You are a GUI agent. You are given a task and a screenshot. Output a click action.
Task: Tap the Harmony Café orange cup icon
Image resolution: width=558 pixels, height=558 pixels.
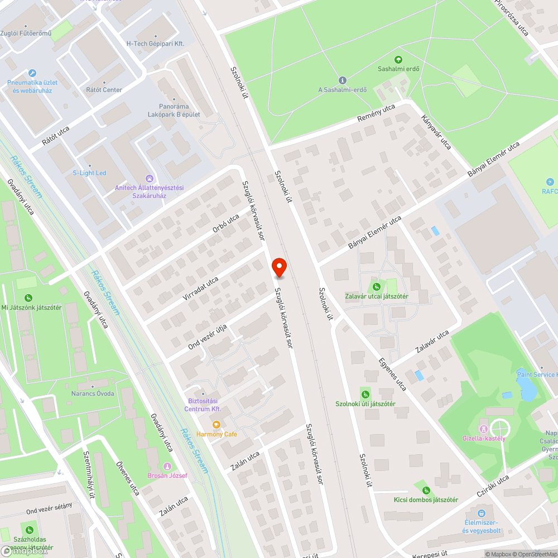click(x=216, y=424)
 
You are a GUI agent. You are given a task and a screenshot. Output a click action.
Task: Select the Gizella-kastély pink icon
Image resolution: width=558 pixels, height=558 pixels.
click(x=483, y=429)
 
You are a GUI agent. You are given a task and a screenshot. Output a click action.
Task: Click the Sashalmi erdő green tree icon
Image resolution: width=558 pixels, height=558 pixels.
click(x=398, y=59)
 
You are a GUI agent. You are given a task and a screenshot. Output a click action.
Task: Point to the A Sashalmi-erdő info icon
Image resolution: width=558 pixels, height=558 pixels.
click(x=343, y=80)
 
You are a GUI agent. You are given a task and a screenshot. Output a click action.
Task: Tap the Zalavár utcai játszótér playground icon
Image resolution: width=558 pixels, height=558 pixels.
click(x=377, y=287)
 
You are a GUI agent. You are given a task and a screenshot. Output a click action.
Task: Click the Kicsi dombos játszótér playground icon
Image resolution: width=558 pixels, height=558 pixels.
click(x=426, y=490)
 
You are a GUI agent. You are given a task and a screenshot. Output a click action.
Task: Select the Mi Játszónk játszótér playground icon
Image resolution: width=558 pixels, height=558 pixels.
click(x=28, y=298)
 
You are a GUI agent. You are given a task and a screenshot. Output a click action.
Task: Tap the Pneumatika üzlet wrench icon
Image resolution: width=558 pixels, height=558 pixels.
click(x=32, y=73)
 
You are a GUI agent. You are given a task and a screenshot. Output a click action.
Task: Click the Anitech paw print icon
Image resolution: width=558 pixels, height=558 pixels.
click(x=149, y=178)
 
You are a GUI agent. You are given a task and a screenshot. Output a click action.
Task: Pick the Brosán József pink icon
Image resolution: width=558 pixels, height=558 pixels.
click(x=167, y=466)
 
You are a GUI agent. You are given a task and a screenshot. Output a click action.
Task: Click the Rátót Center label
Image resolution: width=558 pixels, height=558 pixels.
click(x=104, y=90)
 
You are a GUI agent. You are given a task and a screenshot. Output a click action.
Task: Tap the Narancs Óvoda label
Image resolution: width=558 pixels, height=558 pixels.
click(x=93, y=393)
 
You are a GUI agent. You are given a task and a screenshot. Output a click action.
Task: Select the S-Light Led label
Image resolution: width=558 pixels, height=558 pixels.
click(x=89, y=173)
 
